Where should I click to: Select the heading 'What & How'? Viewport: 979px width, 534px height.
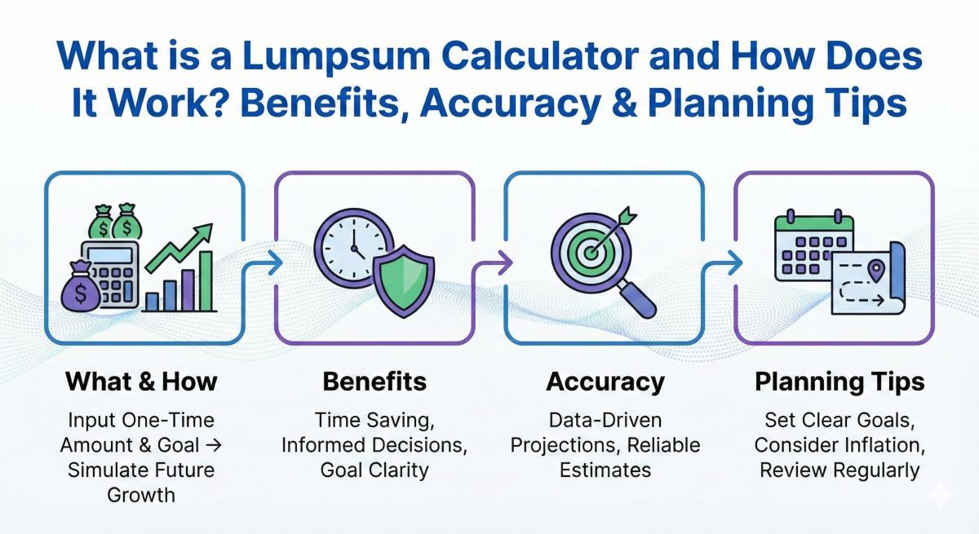(x=142, y=382)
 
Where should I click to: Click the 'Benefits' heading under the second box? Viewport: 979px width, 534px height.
(x=374, y=382)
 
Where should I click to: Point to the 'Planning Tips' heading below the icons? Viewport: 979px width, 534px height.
(x=839, y=382)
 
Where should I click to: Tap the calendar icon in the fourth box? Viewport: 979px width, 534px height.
(x=813, y=245)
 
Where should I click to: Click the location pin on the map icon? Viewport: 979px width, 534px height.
(x=877, y=269)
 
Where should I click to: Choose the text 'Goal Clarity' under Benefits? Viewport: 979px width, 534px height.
(x=374, y=470)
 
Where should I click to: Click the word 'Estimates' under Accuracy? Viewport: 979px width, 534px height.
(x=605, y=470)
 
